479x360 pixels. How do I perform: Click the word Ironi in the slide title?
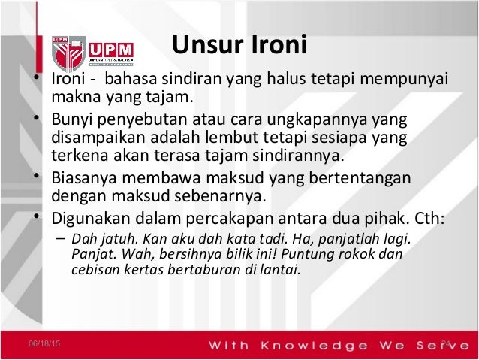[277, 44]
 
